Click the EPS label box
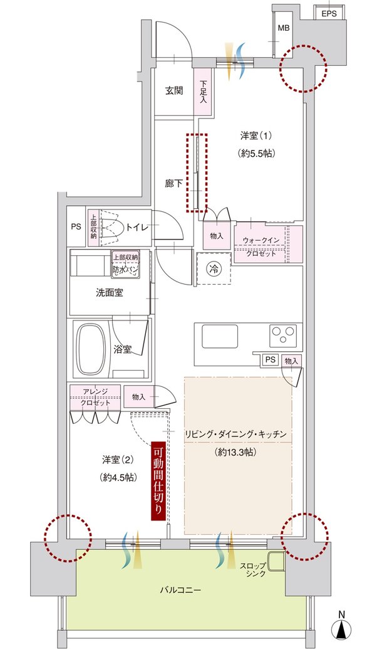pos(329,13)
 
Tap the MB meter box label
pos(284,28)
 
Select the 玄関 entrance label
pos(174,91)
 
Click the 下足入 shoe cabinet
pos(203,92)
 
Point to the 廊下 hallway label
pos(174,183)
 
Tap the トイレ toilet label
pos(137,227)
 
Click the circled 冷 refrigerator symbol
pos(214,268)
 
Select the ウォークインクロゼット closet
pos(268,245)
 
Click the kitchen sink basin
pos(220,336)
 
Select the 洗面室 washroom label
pos(110,293)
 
